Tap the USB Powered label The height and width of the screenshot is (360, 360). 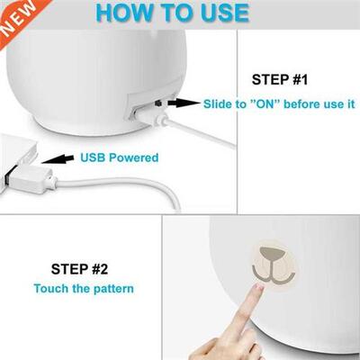click(x=119, y=157)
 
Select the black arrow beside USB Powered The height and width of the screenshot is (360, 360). click(x=60, y=158)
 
